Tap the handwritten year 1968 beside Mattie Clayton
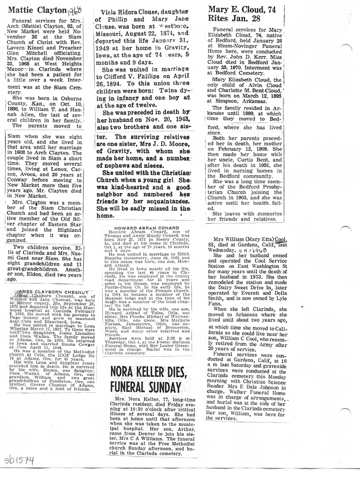(75, 10)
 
